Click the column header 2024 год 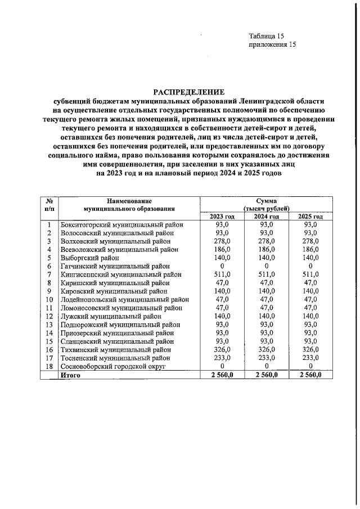pyautogui.click(x=266, y=217)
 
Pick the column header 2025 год pyautogui.click(x=310, y=217)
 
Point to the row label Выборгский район pyautogui.click(x=89, y=257)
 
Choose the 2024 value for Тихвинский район pyautogui.click(x=266, y=350)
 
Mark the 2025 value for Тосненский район pyautogui.click(x=310, y=358)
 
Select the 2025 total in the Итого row pyautogui.click(x=310, y=375)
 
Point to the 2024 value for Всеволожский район pyautogui.click(x=266, y=249)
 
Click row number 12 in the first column pyautogui.click(x=49, y=316)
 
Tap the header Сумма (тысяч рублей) pyautogui.click(x=266, y=204)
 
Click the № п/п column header pyautogui.click(x=49, y=204)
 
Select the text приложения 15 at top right pyautogui.click(x=272, y=45)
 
